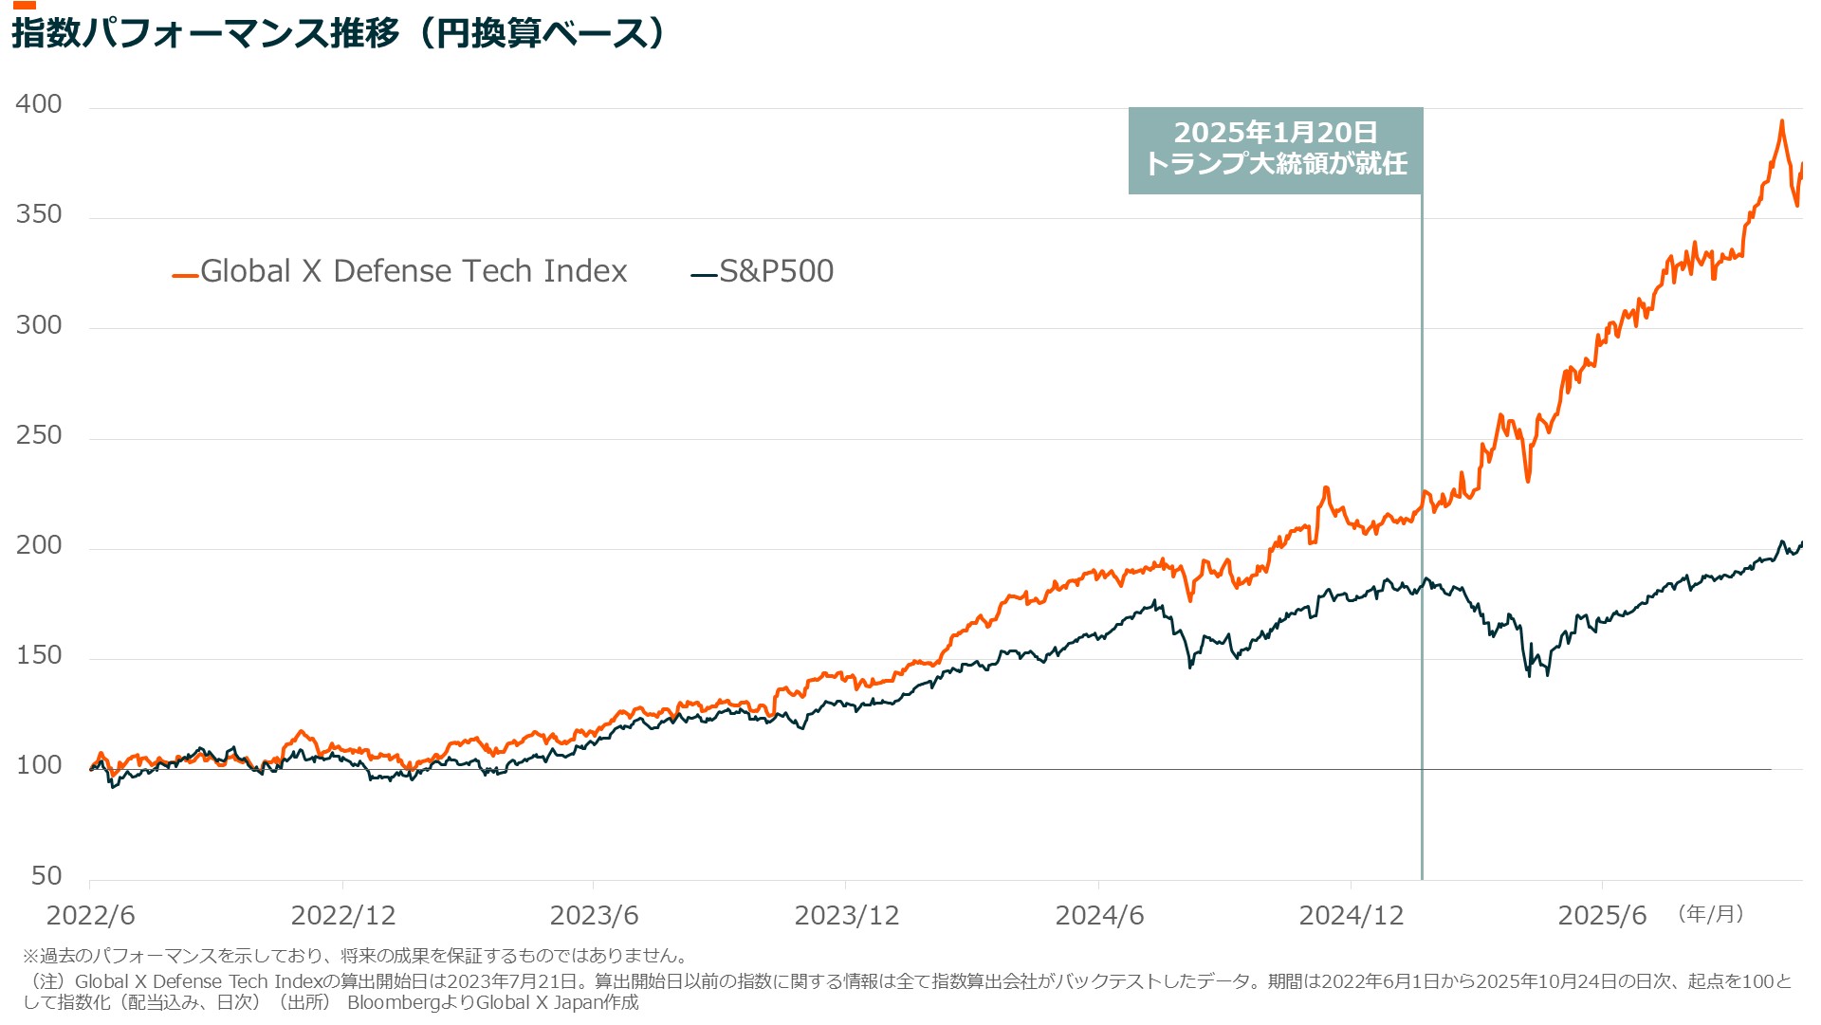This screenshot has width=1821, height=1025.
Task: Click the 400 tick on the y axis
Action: click(39, 104)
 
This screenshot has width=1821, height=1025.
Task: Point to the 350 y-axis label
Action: click(39, 214)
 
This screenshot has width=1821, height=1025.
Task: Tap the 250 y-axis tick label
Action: click(39, 435)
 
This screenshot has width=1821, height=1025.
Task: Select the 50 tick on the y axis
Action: click(46, 875)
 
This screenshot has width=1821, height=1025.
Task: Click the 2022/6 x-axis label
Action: click(90, 916)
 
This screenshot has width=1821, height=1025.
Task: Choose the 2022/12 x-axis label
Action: click(342, 916)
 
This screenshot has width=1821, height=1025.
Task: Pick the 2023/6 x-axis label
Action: click(594, 916)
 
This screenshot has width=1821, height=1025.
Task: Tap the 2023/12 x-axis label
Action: click(846, 916)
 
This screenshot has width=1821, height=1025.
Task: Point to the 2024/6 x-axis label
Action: click(1099, 916)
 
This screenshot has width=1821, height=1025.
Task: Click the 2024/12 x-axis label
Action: click(1351, 916)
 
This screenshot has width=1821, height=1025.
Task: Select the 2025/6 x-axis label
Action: click(1602, 916)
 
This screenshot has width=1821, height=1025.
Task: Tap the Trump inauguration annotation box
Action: click(1275, 150)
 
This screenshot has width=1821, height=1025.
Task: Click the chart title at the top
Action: click(338, 34)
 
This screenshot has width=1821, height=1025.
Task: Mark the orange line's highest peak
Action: click(1782, 121)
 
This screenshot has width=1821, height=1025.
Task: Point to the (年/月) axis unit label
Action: click(1711, 914)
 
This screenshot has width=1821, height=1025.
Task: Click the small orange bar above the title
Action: click(24, 6)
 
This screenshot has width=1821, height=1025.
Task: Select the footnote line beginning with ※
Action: click(355, 956)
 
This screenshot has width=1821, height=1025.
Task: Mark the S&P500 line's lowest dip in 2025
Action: click(1529, 675)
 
